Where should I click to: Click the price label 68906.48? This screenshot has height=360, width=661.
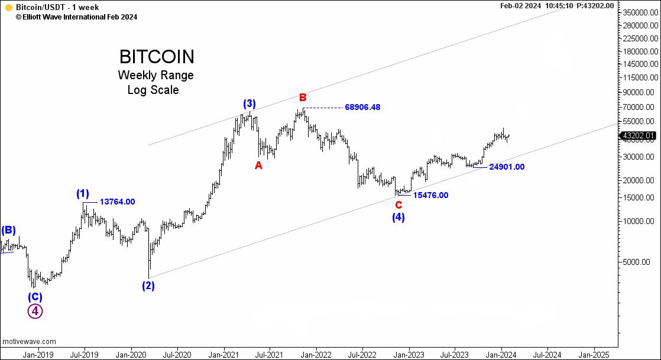tap(362, 108)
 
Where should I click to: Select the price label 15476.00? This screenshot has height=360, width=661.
tap(430, 195)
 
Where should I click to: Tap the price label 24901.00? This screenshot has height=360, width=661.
tap(507, 167)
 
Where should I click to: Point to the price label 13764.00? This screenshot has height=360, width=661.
tap(117, 202)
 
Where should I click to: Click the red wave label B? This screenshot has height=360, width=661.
tap(303, 98)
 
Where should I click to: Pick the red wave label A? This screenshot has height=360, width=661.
tap(258, 166)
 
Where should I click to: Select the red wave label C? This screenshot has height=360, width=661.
tap(399, 205)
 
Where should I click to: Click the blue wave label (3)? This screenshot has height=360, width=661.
tap(249, 104)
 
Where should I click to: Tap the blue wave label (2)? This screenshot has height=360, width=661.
tap(148, 286)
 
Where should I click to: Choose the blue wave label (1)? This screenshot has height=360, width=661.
tap(83, 193)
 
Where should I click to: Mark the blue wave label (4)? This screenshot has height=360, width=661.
tap(398, 218)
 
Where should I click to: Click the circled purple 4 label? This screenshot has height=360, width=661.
tap(35, 311)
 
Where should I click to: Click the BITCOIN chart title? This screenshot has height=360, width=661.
tap(157, 57)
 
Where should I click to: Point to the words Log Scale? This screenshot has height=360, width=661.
tap(153, 90)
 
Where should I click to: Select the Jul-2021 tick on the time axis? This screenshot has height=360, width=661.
tap(270, 355)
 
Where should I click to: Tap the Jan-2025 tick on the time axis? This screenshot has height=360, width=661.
tap(592, 355)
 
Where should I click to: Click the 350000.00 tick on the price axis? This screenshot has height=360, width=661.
tap(641, 12)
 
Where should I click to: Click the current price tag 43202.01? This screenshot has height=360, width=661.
tap(639, 136)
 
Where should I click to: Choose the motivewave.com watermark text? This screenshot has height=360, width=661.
tap(29, 342)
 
